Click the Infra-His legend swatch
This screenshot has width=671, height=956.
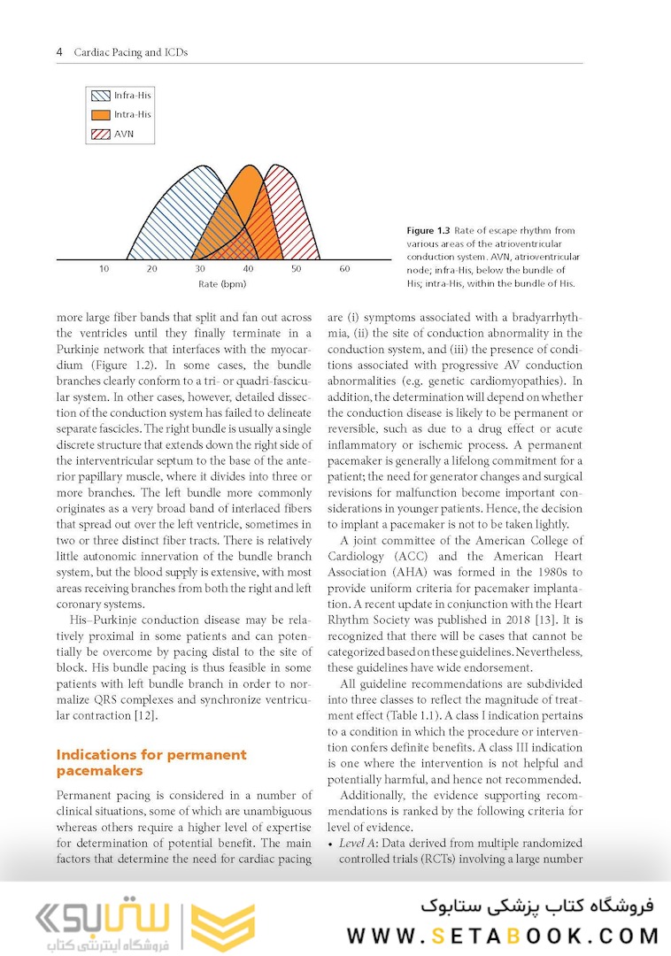coord(100,96)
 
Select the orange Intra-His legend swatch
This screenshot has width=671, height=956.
coord(100,115)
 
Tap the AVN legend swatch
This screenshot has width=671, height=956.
coord(100,135)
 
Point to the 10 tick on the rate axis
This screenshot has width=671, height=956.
coord(104,268)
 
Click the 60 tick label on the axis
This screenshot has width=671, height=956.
coord(344,268)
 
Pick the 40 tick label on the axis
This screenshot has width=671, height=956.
coord(248,268)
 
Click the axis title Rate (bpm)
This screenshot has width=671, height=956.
coord(222,284)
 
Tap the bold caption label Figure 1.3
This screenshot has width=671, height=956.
coord(428,231)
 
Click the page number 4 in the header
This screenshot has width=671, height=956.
coord(59,52)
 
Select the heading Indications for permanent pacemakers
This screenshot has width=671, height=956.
coord(150,763)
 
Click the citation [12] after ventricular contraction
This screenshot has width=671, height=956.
coord(144,715)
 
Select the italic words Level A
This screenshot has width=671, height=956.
coord(359,843)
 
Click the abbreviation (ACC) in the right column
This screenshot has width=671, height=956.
coord(409,557)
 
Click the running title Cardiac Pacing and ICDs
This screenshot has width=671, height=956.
coord(130,52)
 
